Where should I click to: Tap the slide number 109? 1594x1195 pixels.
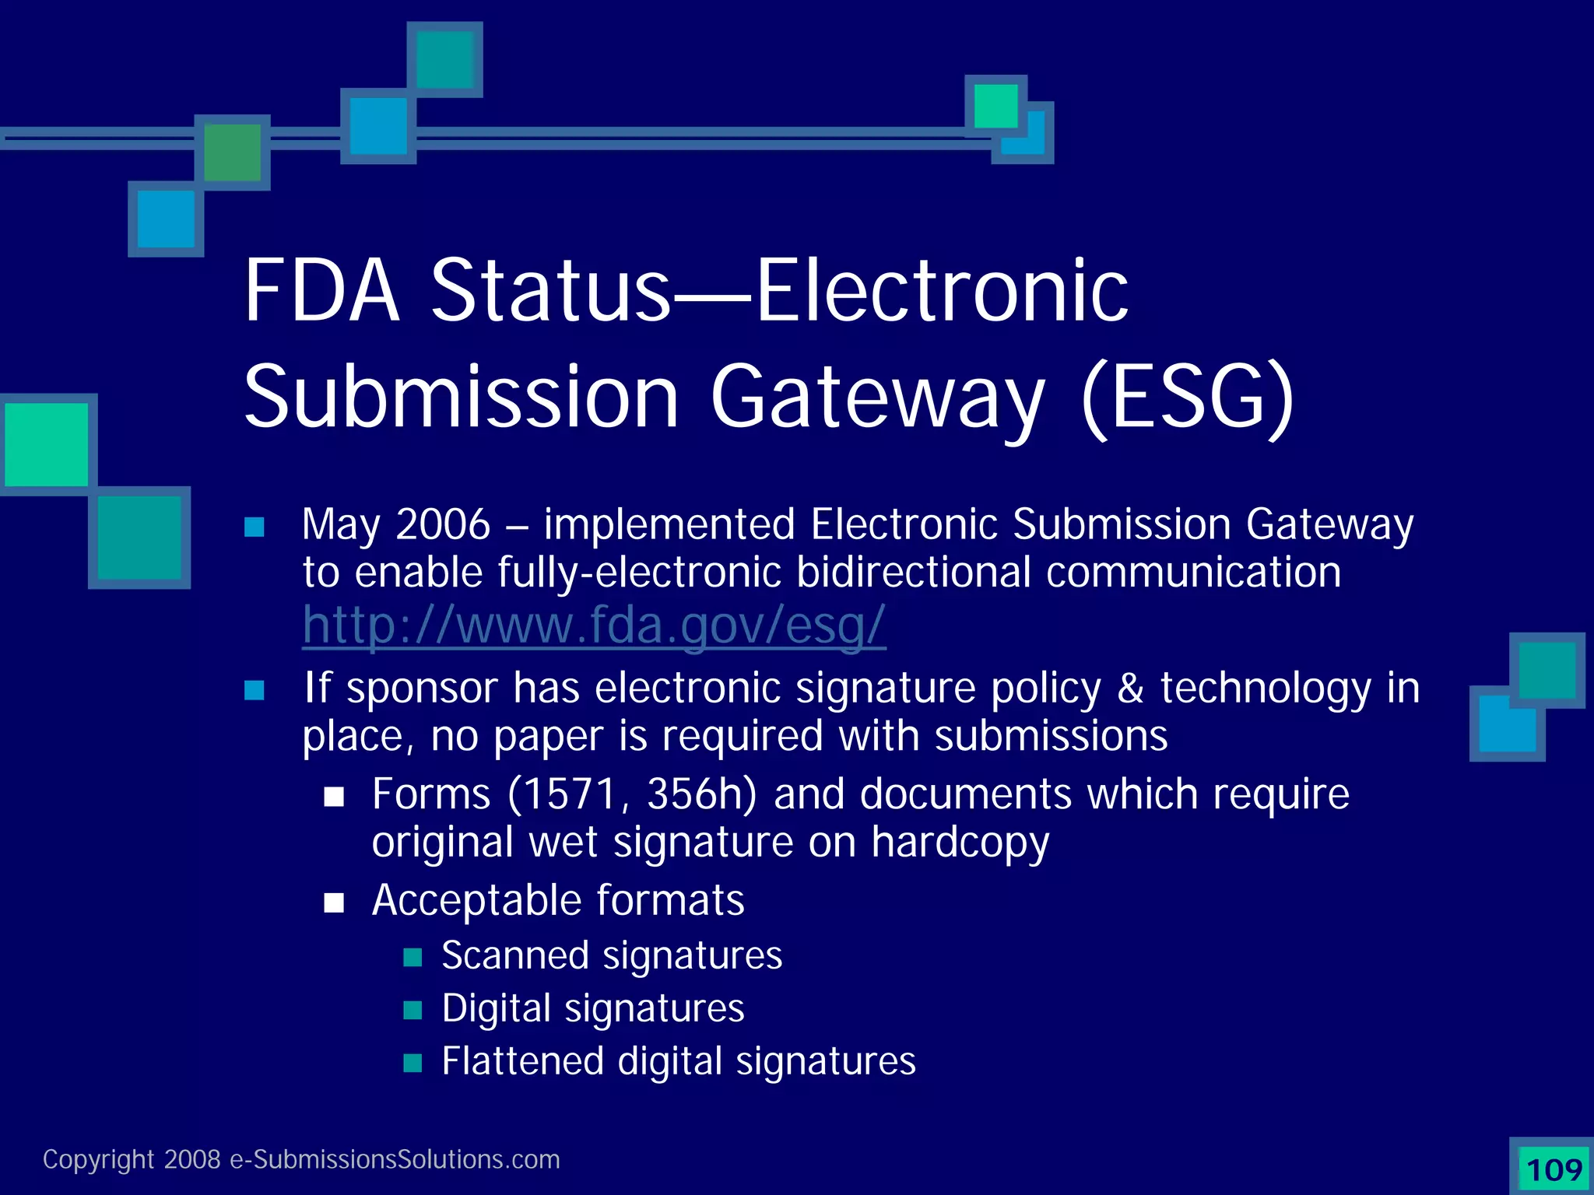click(1554, 1169)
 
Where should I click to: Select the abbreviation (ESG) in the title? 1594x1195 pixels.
click(1188, 398)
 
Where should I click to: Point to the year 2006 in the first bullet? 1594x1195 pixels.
click(443, 524)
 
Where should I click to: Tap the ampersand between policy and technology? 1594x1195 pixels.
click(1130, 689)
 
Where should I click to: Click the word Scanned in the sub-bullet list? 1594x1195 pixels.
click(514, 955)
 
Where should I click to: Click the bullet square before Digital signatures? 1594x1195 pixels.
click(413, 1010)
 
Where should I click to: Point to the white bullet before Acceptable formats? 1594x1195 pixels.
click(334, 902)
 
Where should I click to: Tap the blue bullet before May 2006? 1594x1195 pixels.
click(255, 527)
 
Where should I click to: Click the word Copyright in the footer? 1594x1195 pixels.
click(98, 1160)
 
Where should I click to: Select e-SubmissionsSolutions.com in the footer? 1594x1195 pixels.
click(395, 1160)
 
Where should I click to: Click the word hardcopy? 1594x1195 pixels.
click(960, 843)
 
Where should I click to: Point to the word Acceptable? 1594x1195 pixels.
click(476, 901)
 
